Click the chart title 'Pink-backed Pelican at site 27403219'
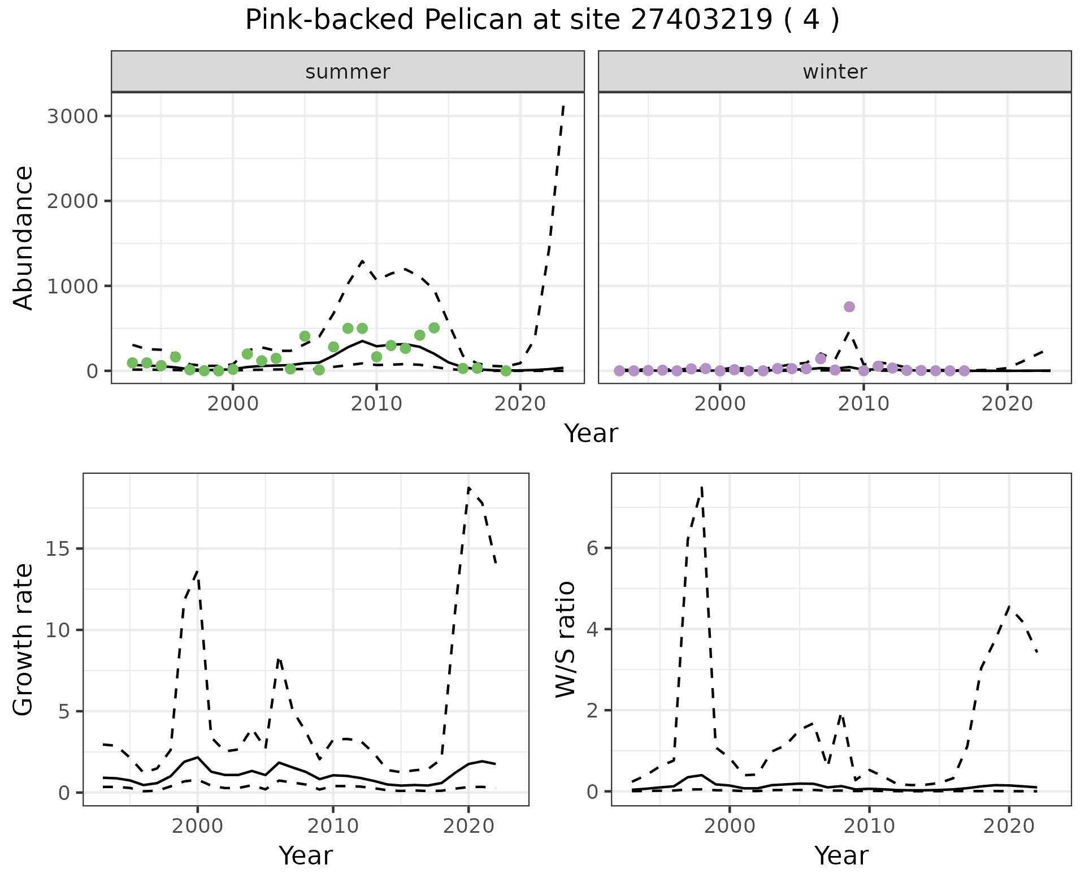point(541,20)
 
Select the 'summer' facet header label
point(348,72)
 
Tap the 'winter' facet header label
point(835,72)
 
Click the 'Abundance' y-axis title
point(24,237)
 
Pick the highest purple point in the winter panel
point(849,306)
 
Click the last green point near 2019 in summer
point(506,370)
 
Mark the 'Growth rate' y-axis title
point(24,640)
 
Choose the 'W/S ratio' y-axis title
point(565,639)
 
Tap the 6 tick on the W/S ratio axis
point(593,548)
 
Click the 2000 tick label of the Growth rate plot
point(197,826)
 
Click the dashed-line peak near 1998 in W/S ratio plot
point(701,487)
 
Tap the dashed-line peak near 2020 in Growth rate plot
point(469,488)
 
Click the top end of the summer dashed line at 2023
point(563,106)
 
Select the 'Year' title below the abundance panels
point(591,434)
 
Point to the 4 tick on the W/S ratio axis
point(593,629)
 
